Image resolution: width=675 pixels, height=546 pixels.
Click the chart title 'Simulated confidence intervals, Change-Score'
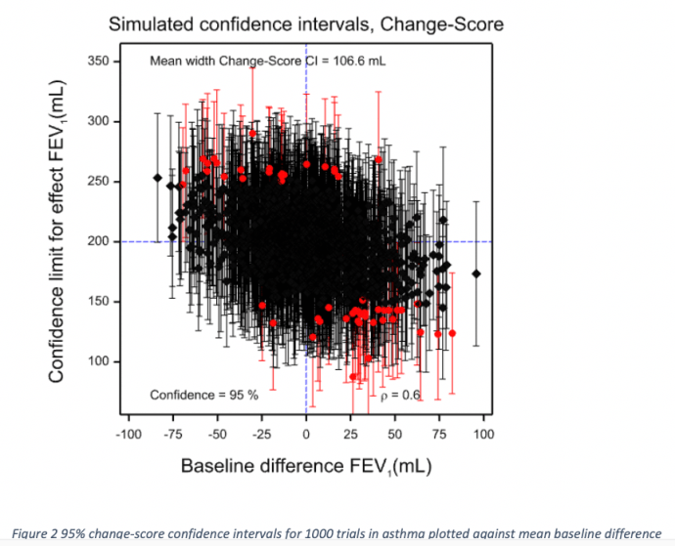306,23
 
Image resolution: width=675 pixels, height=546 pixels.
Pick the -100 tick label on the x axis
129,435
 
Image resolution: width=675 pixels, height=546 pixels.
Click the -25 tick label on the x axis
262,435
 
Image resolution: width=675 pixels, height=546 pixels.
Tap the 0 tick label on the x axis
306,435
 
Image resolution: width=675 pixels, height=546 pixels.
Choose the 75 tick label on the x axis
439,435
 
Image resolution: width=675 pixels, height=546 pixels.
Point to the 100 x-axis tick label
483,435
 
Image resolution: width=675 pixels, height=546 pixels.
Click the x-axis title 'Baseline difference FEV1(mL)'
305,465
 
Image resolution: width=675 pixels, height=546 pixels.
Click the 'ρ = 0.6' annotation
400,395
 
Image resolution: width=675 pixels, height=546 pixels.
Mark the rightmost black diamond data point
476,273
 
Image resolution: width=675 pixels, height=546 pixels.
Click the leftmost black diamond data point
157,178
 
